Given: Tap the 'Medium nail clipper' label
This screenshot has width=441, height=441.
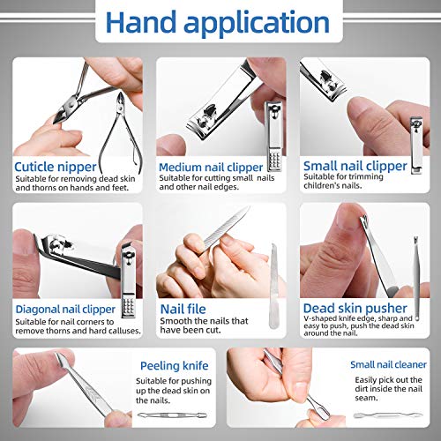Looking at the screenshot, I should (x=210, y=166).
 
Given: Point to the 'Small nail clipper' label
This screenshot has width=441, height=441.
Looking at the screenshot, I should (x=355, y=165).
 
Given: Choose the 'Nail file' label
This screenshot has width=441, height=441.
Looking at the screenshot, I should (x=183, y=309).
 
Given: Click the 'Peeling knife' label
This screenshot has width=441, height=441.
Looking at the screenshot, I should (x=173, y=364).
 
